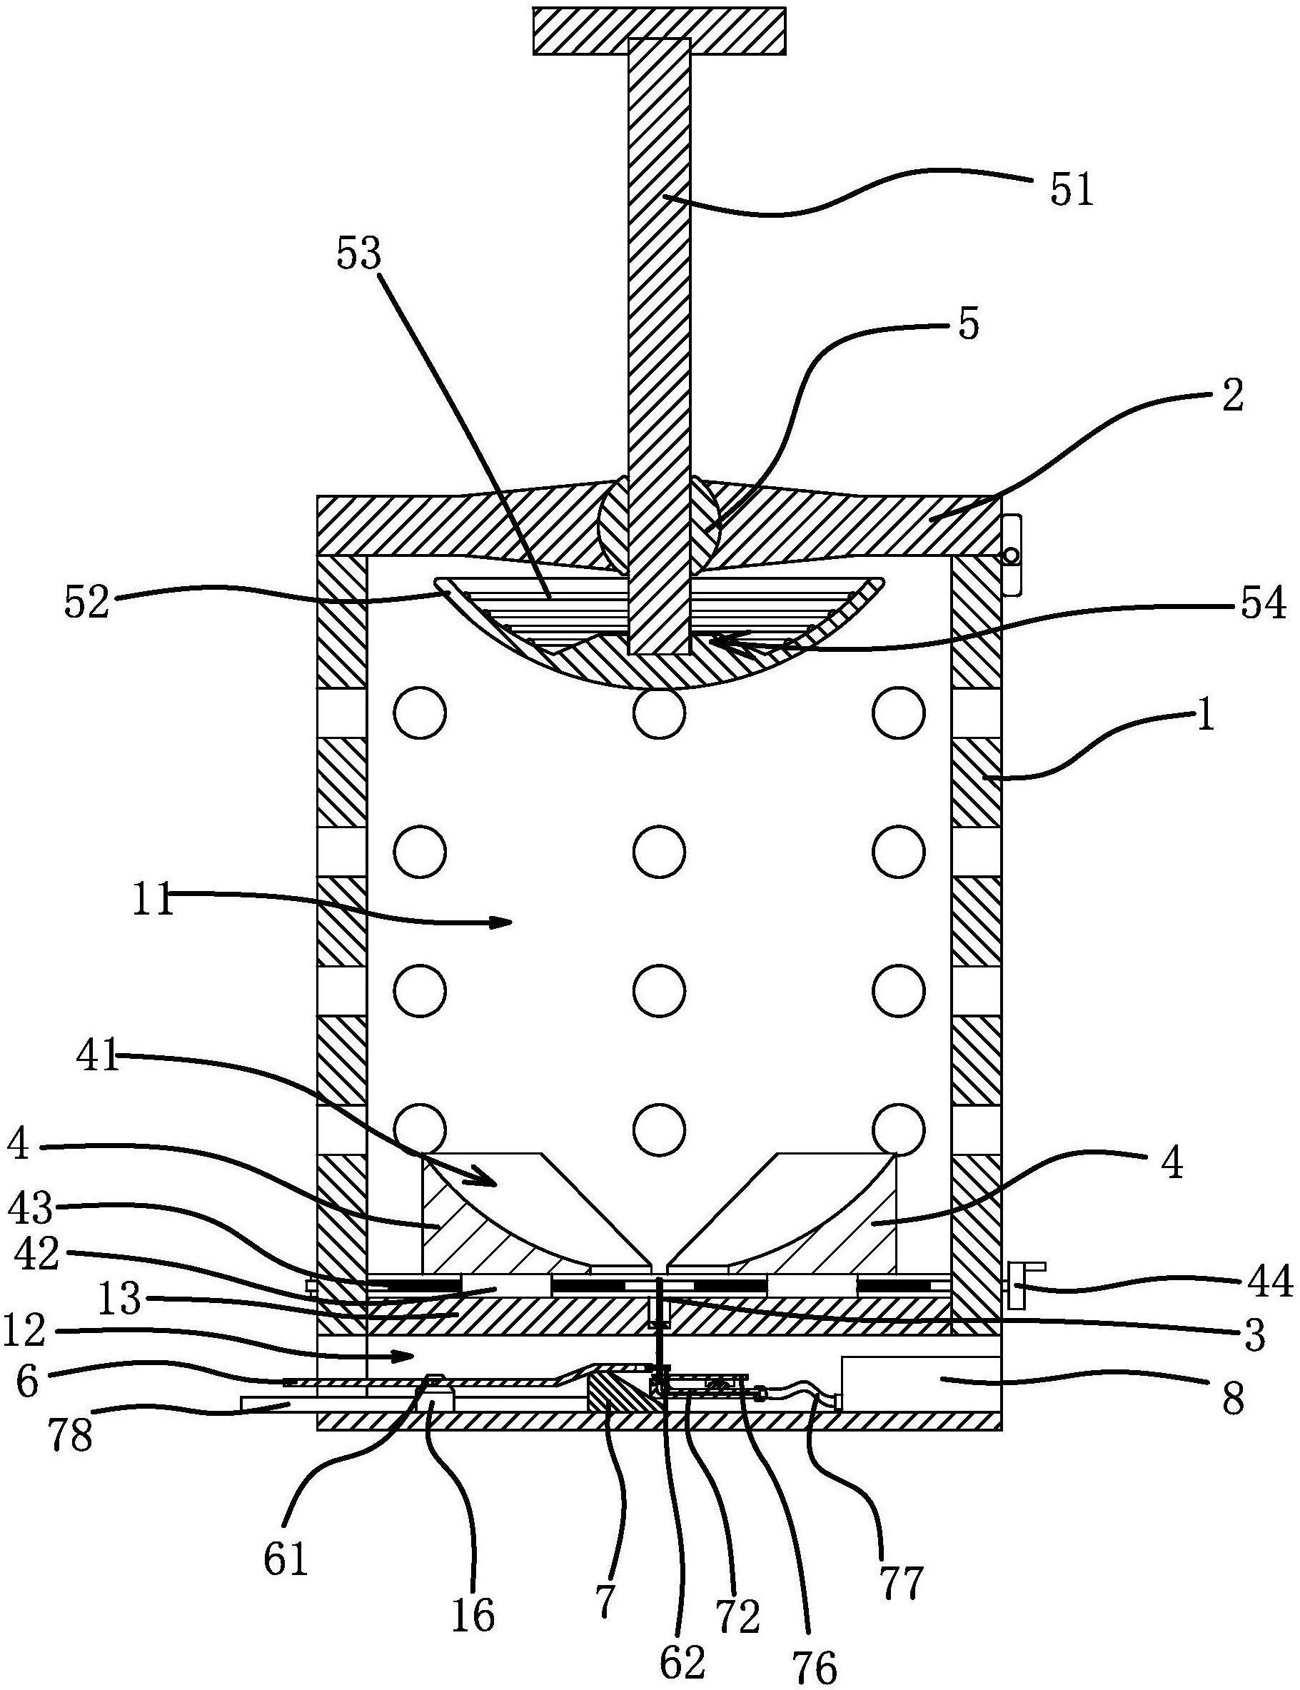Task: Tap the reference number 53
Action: [x=359, y=253]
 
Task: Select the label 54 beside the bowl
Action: [x=1264, y=603]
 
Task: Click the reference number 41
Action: [x=100, y=1057]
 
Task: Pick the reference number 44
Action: [x=1271, y=1282]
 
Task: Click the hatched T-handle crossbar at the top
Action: [x=660, y=31]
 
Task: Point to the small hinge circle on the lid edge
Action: [x=1010, y=555]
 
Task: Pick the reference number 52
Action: [x=87, y=603]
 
